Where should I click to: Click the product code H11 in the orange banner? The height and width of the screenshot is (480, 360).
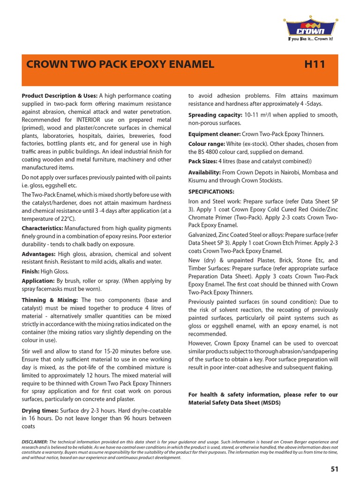click(x=315, y=65)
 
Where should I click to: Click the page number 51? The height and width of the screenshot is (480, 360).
click(x=334, y=468)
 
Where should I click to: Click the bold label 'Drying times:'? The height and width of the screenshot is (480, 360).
click(x=40, y=410)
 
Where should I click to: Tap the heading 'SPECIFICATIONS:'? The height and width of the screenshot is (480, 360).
click(x=211, y=192)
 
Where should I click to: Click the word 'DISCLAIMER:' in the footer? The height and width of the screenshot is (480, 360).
click(x=35, y=442)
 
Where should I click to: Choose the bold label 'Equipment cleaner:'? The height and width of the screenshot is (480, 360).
click(x=214, y=134)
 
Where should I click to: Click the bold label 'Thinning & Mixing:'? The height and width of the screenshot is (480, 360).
click(x=51, y=300)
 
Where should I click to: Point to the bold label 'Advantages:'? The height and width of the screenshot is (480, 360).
click(x=38, y=254)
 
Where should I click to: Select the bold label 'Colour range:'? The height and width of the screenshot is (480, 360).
click(x=206, y=144)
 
